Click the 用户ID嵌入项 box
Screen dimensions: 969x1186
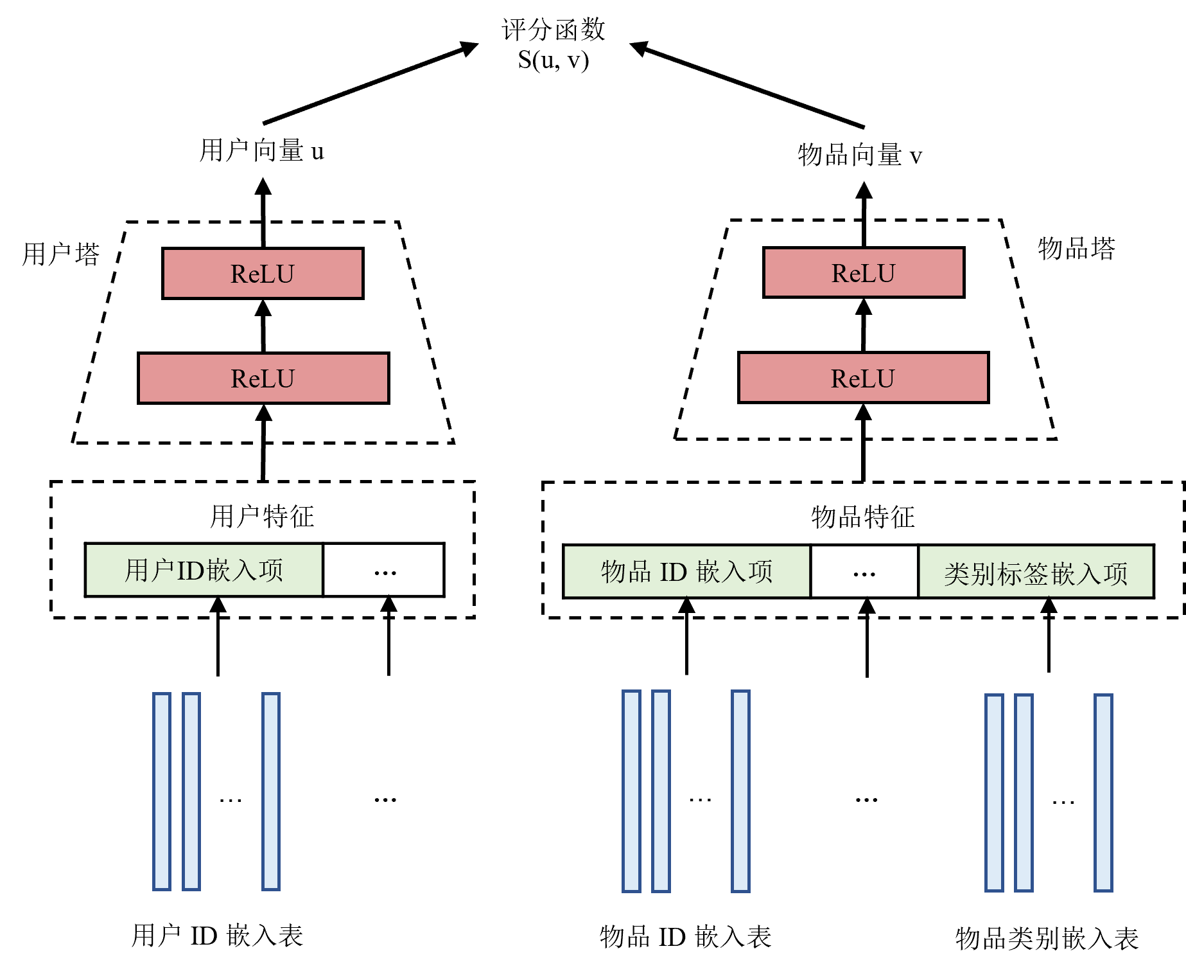click(x=204, y=570)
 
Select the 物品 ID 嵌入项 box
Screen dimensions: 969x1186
click(x=686, y=571)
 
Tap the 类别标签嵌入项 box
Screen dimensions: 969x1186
click(x=1036, y=571)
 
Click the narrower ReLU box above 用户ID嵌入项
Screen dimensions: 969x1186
click(x=263, y=273)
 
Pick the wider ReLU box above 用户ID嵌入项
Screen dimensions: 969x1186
click(x=263, y=378)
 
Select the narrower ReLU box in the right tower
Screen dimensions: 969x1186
click(x=864, y=272)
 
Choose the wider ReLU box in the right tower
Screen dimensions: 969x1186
click(x=863, y=377)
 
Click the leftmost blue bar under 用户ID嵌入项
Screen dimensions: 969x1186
click(x=162, y=791)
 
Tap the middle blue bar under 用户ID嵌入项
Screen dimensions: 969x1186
click(x=191, y=791)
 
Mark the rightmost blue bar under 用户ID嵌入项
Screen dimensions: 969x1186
click(x=271, y=791)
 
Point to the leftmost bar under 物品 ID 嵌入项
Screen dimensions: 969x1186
click(x=631, y=791)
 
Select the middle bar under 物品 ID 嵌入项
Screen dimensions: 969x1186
click(x=661, y=791)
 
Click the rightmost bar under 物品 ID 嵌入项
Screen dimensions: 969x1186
click(x=740, y=791)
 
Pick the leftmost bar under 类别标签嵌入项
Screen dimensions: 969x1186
click(x=994, y=792)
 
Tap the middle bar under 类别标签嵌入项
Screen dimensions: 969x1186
click(x=1024, y=792)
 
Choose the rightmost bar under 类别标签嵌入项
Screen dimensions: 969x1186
click(x=1103, y=792)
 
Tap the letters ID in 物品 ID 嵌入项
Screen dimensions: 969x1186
click(x=674, y=571)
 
